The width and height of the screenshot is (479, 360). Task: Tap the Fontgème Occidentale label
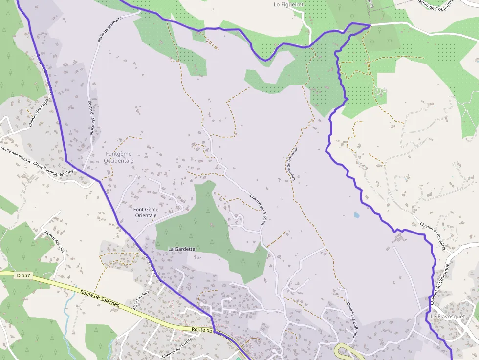[119, 157]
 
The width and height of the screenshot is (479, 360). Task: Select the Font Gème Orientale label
[146, 212]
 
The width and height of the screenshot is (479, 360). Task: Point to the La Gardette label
[181, 249]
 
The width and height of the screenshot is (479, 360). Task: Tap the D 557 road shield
[23, 275]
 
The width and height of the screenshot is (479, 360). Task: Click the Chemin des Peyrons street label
[259, 210]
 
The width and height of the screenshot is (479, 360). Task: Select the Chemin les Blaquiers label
[433, 237]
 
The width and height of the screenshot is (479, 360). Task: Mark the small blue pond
[356, 214]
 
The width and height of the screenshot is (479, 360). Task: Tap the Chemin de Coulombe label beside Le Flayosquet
[439, 284]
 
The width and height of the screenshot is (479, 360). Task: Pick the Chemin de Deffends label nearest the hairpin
[352, 320]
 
